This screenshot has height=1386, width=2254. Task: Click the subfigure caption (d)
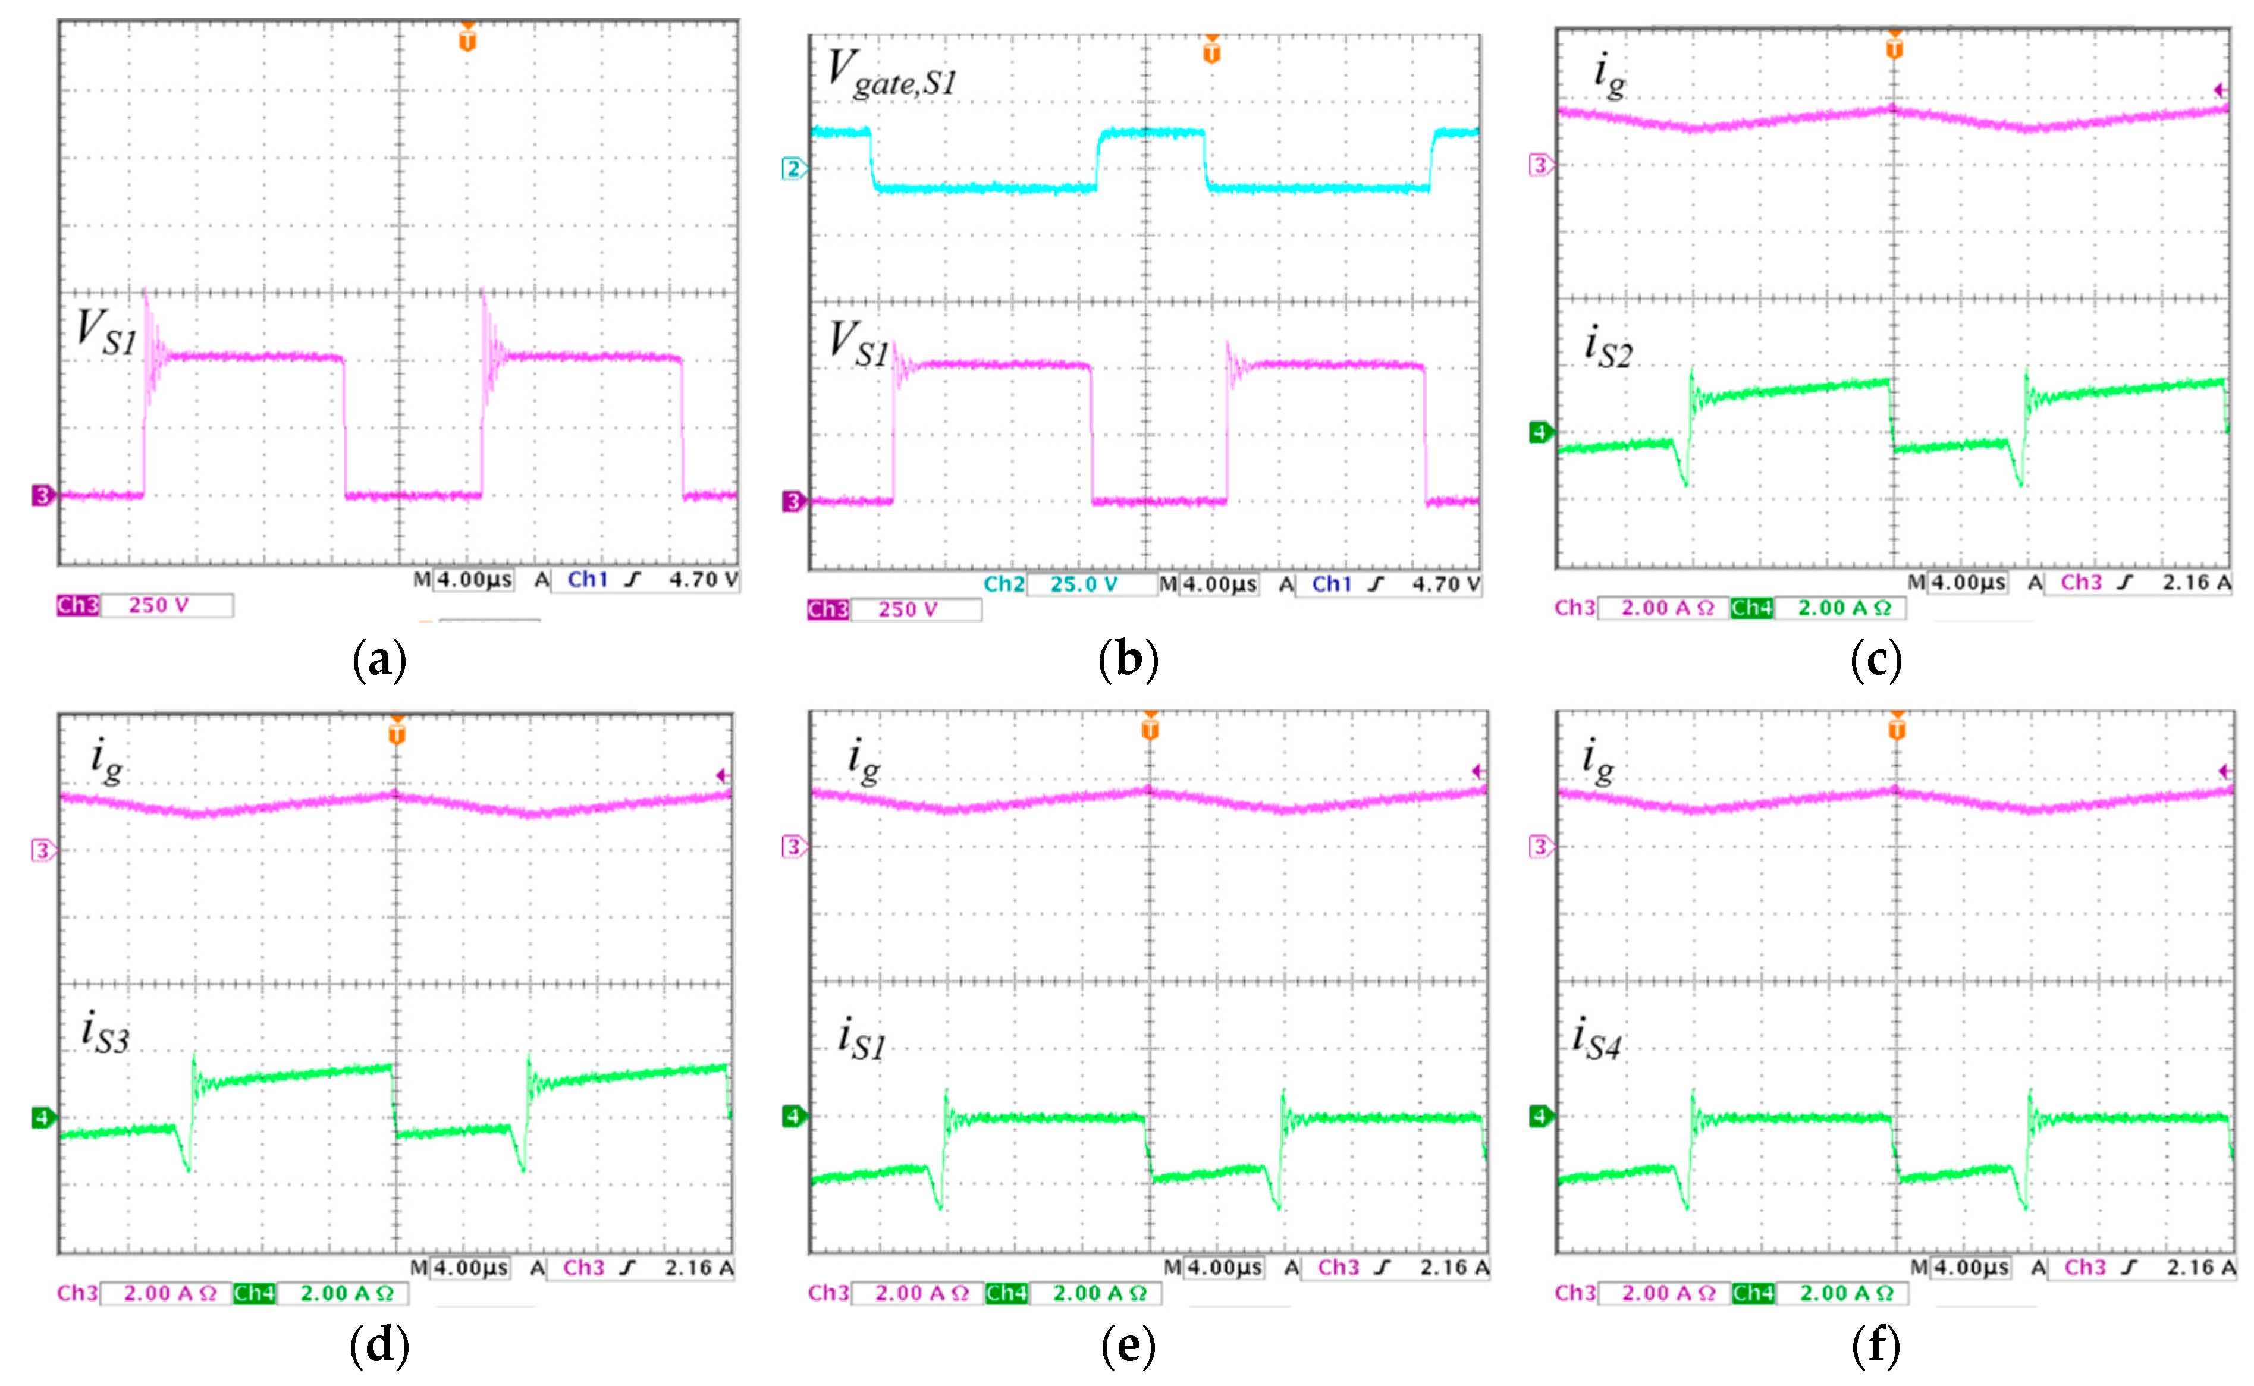click(x=379, y=1345)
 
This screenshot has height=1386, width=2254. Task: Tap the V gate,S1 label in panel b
click(x=891, y=73)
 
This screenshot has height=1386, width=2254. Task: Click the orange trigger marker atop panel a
click(x=467, y=39)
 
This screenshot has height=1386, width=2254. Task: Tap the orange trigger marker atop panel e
click(x=1150, y=729)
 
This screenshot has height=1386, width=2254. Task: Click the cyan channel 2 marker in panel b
click(x=793, y=169)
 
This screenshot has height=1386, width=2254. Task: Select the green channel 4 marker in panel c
click(x=1540, y=432)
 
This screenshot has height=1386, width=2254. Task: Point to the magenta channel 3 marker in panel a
click(x=42, y=496)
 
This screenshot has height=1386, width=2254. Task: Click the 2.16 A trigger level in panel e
click(x=1453, y=1268)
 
